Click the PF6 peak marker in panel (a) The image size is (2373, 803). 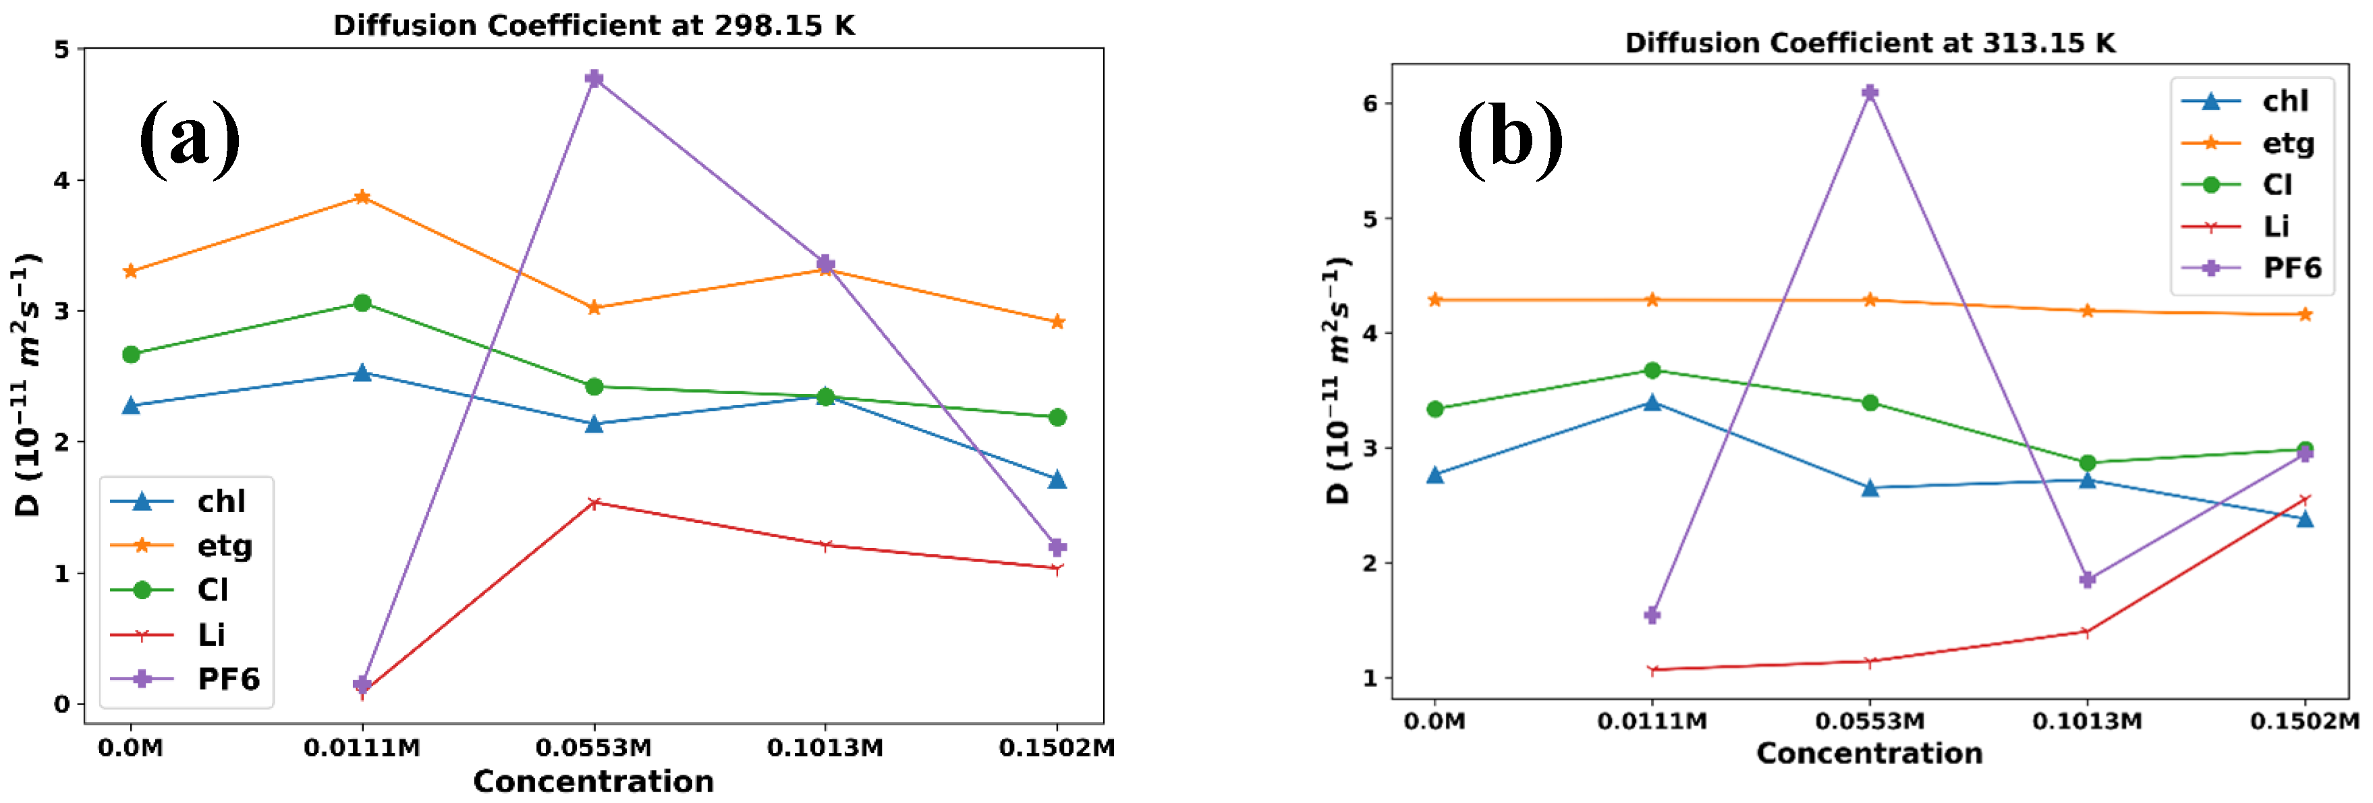(x=594, y=78)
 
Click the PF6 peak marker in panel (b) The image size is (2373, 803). (x=1869, y=92)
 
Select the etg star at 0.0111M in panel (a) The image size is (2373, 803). (x=362, y=197)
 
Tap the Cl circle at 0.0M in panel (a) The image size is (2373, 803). (x=131, y=354)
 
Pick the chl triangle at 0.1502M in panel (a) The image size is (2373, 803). (x=1057, y=480)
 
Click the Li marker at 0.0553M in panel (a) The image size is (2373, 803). (x=594, y=503)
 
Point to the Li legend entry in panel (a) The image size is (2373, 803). (x=210, y=634)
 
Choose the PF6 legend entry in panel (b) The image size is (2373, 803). (x=2291, y=268)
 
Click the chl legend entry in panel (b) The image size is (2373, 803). (x=2284, y=101)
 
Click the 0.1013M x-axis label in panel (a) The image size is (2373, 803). (x=825, y=748)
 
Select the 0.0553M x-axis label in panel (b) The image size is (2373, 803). (x=1869, y=720)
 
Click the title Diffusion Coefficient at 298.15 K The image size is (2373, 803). (x=594, y=25)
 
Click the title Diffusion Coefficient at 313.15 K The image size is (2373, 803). (x=1869, y=43)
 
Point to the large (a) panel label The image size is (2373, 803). (x=190, y=138)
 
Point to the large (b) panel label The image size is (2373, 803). (x=1509, y=138)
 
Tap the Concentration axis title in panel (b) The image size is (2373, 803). (x=1869, y=753)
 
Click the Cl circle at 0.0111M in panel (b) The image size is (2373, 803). (x=1652, y=370)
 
